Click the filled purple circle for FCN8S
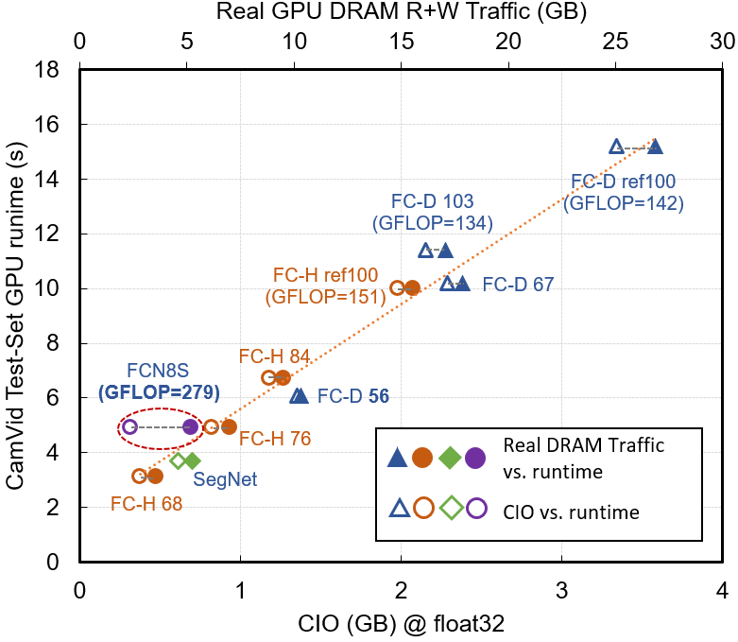click(191, 426)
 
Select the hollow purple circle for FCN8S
click(130, 426)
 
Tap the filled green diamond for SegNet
click(193, 460)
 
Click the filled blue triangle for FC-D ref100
click(655, 147)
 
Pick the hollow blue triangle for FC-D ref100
click(617, 147)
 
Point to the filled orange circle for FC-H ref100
click(412, 287)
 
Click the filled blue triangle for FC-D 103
click(445, 251)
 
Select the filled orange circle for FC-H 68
click(155, 476)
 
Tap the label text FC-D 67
click(518, 284)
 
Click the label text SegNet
click(225, 479)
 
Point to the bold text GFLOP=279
click(159, 391)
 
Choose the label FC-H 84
click(274, 356)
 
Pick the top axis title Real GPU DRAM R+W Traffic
click(401, 12)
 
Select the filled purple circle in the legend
click(475, 457)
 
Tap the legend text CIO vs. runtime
click(572, 512)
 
